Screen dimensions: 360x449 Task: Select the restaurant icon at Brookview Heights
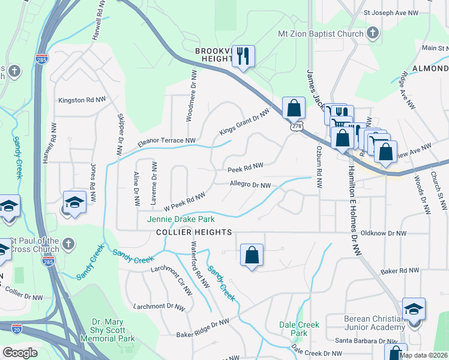point(243,56)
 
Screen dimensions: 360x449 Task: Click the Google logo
point(20,353)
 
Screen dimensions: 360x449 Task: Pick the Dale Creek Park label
point(299,328)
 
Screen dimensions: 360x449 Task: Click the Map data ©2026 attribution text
point(423,355)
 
